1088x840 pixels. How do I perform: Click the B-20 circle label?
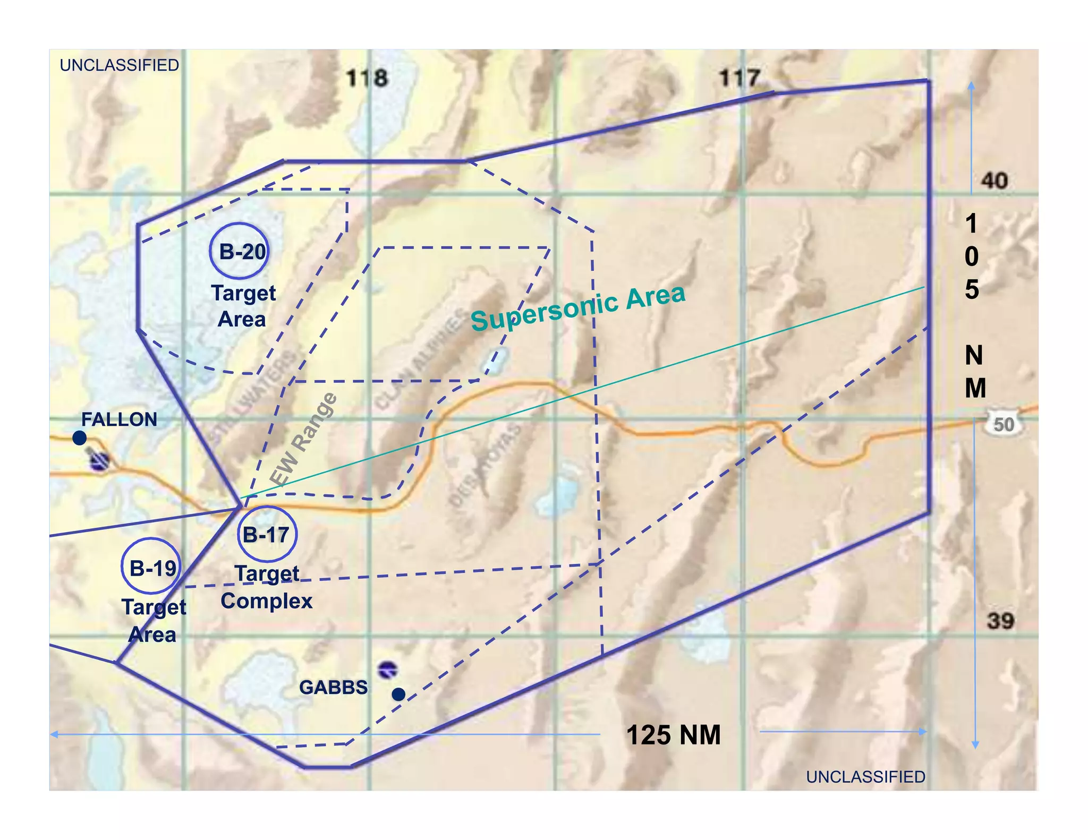point(240,251)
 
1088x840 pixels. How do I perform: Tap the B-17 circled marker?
point(267,534)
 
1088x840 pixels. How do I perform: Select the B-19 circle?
point(152,568)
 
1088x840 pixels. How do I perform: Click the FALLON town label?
point(119,419)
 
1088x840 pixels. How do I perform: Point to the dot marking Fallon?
point(80,438)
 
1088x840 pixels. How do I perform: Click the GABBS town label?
point(334,688)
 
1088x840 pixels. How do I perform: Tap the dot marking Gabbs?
point(398,694)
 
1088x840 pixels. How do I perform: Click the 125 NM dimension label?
point(674,735)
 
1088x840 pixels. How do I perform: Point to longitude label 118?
point(367,79)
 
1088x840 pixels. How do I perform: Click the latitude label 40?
point(994,181)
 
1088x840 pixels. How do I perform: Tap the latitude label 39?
point(1000,621)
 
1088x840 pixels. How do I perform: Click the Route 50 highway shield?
point(1002,424)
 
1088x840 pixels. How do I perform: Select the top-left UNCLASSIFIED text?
point(120,65)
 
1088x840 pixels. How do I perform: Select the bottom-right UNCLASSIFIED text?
point(865,777)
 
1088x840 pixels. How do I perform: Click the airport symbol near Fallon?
point(99,461)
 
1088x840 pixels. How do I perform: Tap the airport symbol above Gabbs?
point(387,670)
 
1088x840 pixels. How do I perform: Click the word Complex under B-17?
point(267,601)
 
